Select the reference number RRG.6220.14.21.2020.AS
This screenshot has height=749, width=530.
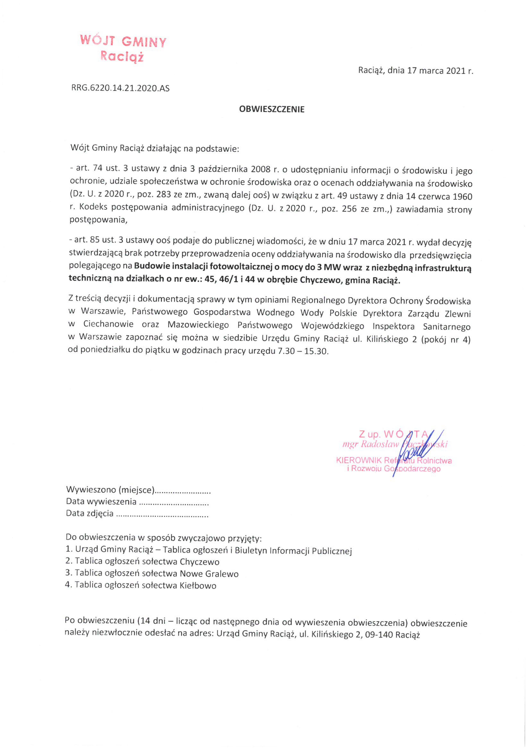coord(120,88)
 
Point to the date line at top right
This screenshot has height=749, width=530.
coord(415,71)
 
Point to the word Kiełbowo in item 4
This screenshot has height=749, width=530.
coord(198,585)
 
